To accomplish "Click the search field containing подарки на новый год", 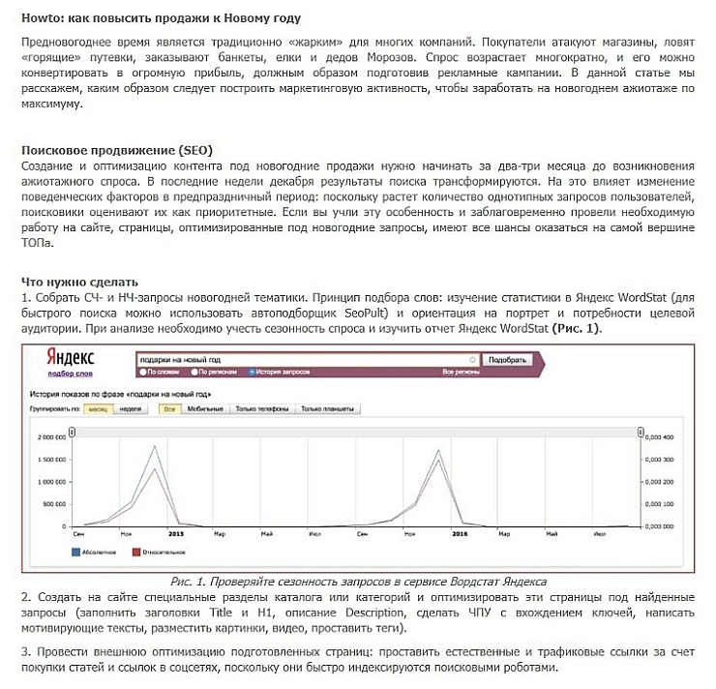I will point(319,359).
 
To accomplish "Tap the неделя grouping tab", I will point(131,409).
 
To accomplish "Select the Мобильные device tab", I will point(204,409).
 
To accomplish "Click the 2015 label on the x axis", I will point(175,533).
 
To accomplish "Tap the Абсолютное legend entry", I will point(101,554).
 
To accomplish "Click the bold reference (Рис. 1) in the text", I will point(577,328).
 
